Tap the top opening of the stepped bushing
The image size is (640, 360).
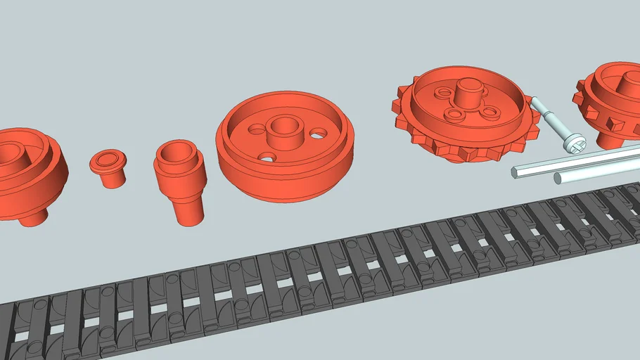[176, 150]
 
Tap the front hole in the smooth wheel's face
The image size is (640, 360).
[267, 157]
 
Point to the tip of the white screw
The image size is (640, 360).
[534, 101]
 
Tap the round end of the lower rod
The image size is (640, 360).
[558, 178]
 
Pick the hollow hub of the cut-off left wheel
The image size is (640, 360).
[14, 151]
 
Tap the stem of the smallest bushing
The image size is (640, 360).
[109, 179]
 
